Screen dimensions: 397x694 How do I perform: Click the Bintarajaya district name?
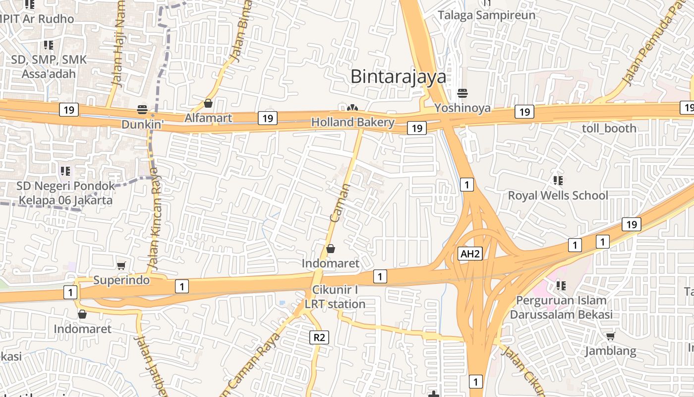[398, 77]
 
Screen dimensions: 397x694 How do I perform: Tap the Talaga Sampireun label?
[486, 15]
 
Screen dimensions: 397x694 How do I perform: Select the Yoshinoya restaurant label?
[462, 108]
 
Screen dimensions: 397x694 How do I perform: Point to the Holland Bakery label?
[352, 122]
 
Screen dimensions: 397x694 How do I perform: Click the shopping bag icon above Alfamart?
[208, 103]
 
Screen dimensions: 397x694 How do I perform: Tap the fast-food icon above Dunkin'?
[142, 109]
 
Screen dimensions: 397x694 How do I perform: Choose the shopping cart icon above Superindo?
[121, 266]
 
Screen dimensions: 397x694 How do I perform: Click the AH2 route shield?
[470, 254]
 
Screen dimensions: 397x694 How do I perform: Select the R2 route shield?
[319, 337]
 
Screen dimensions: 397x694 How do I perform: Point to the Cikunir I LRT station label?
[335, 297]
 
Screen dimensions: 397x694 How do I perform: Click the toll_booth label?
[609, 128]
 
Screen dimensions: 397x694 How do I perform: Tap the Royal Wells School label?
[558, 196]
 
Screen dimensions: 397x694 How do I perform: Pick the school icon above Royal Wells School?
[558, 180]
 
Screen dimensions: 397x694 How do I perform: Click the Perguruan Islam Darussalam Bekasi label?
[561, 307]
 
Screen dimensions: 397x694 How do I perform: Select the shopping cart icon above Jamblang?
[611, 336]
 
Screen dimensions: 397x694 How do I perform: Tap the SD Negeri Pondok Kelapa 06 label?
[65, 193]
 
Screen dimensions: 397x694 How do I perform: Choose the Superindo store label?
[121, 280]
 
